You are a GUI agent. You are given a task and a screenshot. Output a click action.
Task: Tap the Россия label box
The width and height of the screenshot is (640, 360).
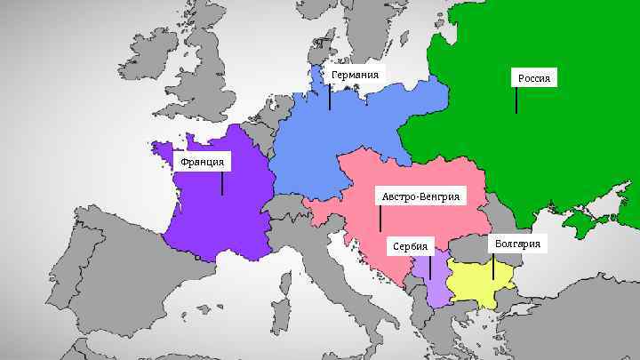(x=534, y=78)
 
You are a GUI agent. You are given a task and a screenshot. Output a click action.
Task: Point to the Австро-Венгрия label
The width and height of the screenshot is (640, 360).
(x=420, y=196)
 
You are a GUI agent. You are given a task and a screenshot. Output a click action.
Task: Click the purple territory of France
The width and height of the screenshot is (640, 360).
(x=218, y=218)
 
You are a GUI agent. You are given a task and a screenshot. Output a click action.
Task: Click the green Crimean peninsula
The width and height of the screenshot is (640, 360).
(x=588, y=218)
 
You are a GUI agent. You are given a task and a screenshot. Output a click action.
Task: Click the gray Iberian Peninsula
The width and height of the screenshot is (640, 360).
(x=107, y=284)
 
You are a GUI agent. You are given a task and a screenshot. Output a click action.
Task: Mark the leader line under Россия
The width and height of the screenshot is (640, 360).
(x=516, y=100)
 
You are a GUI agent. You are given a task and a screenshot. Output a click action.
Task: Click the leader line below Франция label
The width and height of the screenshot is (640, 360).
(x=222, y=183)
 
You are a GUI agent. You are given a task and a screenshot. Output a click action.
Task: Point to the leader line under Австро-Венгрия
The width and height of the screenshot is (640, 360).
(x=380, y=218)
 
